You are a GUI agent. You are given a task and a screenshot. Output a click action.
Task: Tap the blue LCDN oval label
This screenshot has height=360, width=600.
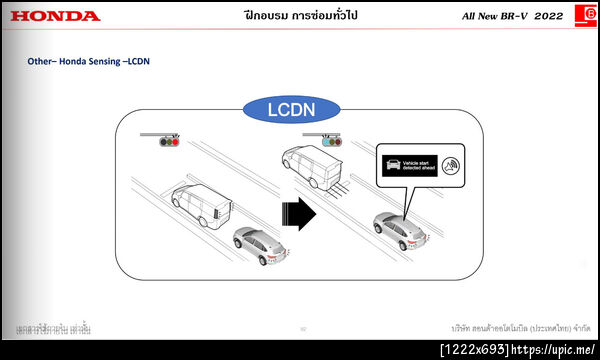(x=299, y=108)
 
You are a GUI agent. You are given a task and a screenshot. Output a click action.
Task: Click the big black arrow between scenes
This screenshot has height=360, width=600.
(x=297, y=213)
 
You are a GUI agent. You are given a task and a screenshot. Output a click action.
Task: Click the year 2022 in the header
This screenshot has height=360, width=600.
(x=549, y=16)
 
